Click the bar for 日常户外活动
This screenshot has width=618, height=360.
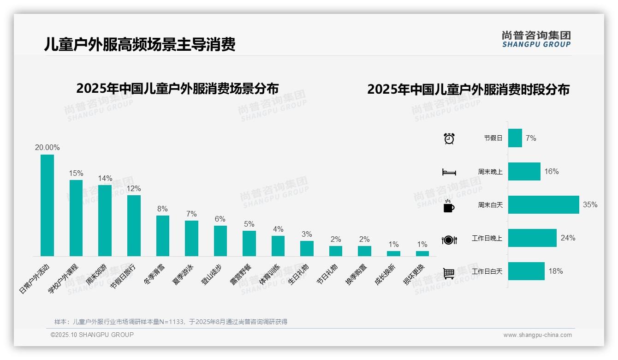point(47,205)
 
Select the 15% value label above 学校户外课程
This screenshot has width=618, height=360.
point(76,174)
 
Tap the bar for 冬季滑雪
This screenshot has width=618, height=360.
point(162,236)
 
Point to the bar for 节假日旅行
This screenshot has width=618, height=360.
point(134,226)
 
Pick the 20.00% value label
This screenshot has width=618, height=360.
point(47,148)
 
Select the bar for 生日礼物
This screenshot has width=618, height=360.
point(307,248)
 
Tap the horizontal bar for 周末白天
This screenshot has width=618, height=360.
point(543,205)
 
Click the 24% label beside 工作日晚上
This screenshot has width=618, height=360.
point(568,238)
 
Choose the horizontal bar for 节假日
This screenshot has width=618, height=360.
point(515,138)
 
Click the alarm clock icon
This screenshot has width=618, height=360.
point(449,138)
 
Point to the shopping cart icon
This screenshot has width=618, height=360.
point(449,273)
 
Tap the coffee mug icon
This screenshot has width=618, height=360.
point(449,206)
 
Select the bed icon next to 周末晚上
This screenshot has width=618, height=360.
point(449,172)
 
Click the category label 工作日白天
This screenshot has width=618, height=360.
point(487,271)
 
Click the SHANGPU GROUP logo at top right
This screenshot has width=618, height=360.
point(536,39)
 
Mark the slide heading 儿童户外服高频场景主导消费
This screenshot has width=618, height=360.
point(140,45)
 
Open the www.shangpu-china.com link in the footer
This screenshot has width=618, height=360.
point(537,335)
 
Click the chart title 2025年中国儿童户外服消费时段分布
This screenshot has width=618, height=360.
point(468,90)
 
